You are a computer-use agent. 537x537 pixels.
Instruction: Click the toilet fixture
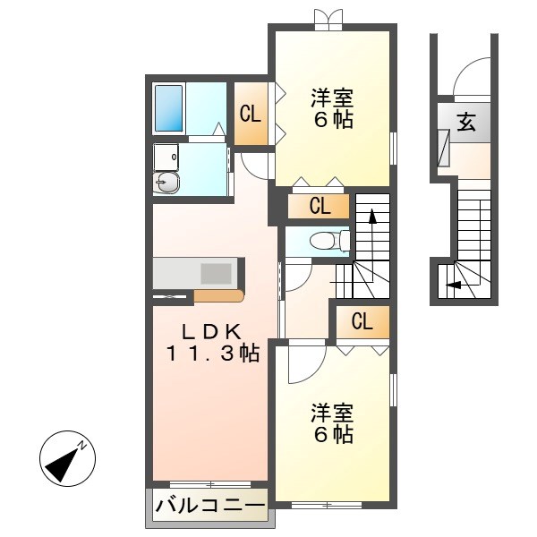coord(329,241)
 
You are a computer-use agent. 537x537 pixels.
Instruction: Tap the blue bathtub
coord(168,108)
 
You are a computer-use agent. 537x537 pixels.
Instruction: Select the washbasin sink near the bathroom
coord(166,183)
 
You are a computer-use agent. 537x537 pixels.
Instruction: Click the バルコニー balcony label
coord(210,505)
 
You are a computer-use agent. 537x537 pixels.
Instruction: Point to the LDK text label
coord(210,331)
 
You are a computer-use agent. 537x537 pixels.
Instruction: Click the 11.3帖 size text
coord(213,354)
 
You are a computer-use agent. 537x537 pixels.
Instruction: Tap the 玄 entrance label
coord(466,122)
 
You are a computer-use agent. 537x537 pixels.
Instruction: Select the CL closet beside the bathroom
coord(251,114)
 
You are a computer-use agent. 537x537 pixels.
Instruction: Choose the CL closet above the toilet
coord(320,206)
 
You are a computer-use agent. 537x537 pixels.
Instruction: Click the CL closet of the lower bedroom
coord(362,321)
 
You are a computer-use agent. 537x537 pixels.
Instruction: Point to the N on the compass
coord(81,445)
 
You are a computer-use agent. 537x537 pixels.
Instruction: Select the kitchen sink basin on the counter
coord(216,273)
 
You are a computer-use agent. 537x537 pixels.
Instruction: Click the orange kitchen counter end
coord(218,296)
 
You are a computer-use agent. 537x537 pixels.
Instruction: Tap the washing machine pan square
coord(166,158)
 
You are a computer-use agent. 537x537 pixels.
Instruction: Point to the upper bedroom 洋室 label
coord(332,98)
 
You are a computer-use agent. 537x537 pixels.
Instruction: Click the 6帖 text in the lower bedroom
coord(334,434)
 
